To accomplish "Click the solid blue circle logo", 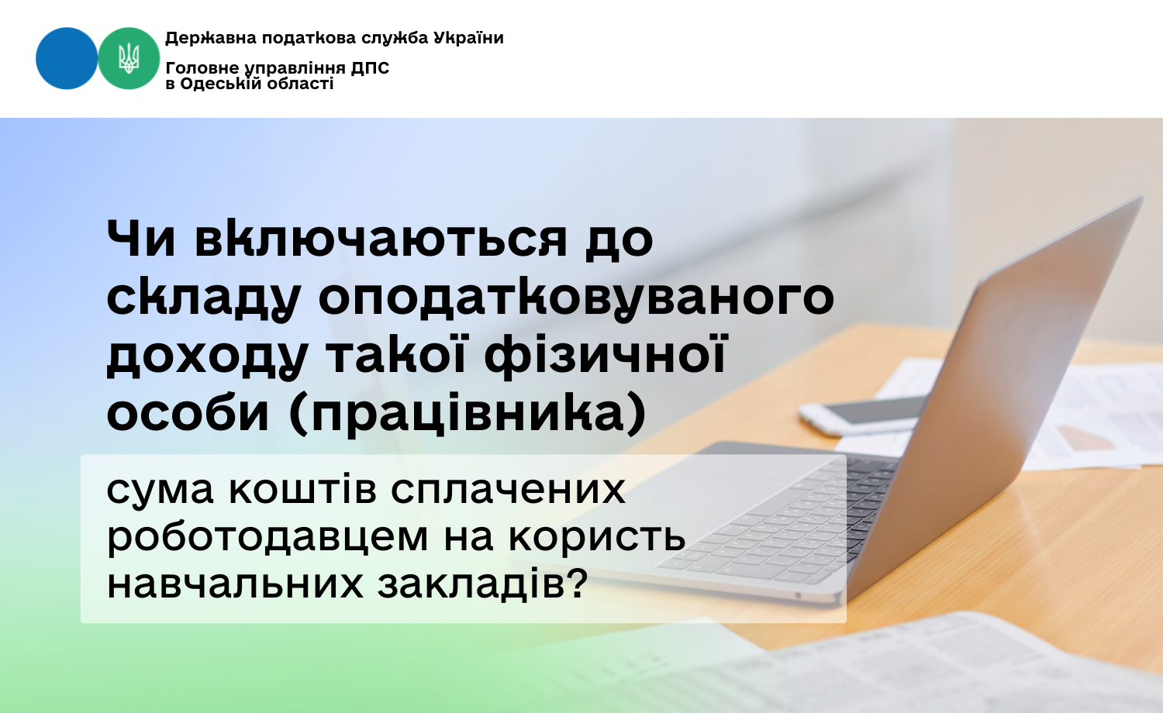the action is point(67,58).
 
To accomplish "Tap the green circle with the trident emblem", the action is point(129,58).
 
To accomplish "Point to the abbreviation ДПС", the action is point(370,68).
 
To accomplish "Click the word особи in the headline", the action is point(188,414).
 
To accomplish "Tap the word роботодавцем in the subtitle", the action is point(267,536).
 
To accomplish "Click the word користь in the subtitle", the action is point(597,538).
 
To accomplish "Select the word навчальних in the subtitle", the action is point(235,584).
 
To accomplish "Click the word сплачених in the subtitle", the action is point(508,489).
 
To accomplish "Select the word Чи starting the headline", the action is point(140,238).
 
